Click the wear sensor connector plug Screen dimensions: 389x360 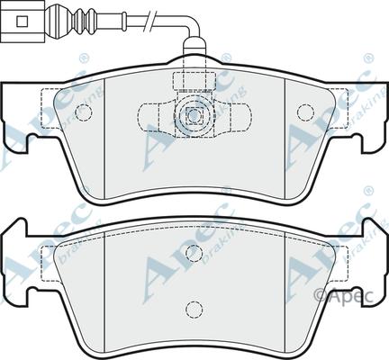23,21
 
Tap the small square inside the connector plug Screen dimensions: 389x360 22,21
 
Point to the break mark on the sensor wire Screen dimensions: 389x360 151,21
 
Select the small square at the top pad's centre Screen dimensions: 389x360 194,115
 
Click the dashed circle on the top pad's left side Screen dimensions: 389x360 83,112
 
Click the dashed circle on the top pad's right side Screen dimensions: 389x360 305,112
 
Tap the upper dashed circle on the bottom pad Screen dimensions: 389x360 194,253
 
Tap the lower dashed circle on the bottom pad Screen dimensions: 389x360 194,309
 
